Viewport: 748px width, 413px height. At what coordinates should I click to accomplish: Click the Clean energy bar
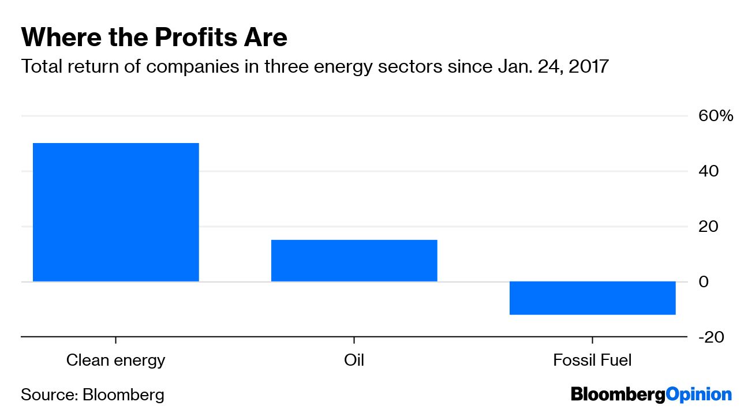[115, 212]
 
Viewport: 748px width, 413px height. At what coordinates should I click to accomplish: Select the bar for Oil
[354, 260]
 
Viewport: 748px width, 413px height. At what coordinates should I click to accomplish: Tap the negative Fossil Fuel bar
[592, 298]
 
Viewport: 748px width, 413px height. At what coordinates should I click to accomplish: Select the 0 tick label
[703, 281]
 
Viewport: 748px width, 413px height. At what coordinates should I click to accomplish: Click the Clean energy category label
[115, 361]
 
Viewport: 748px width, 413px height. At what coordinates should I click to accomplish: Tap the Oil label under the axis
[354, 361]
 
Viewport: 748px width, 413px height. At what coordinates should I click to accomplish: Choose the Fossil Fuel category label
[592, 361]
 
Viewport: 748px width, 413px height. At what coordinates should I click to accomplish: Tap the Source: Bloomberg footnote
[92, 395]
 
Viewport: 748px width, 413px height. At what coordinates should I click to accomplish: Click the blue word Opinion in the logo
[698, 395]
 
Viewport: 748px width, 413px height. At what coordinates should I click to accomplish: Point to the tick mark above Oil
[354, 340]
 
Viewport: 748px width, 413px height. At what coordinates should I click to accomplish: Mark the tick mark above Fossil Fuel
[592, 340]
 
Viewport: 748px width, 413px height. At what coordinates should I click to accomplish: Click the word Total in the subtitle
[41, 67]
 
